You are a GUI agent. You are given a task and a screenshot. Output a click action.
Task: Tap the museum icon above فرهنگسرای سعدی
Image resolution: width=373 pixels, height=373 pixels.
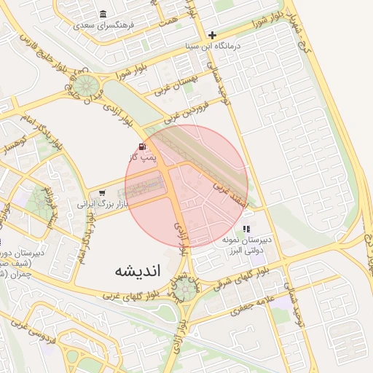(x=102, y=14)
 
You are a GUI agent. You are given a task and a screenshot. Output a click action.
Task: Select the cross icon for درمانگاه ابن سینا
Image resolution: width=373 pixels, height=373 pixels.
(x=212, y=35)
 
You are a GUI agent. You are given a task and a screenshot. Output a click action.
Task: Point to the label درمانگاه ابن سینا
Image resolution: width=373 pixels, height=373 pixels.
(x=211, y=47)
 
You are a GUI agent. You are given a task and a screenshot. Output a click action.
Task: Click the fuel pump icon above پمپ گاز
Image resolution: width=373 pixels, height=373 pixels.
(x=141, y=146)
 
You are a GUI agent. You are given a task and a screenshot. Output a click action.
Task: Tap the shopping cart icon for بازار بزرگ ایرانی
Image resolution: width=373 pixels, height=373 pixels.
(x=103, y=193)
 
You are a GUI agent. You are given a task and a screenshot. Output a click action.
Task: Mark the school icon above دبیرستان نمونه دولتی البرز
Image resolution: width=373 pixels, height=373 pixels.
(x=246, y=228)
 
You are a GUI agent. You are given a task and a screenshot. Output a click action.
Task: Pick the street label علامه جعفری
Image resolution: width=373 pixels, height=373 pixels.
(x=251, y=305)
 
